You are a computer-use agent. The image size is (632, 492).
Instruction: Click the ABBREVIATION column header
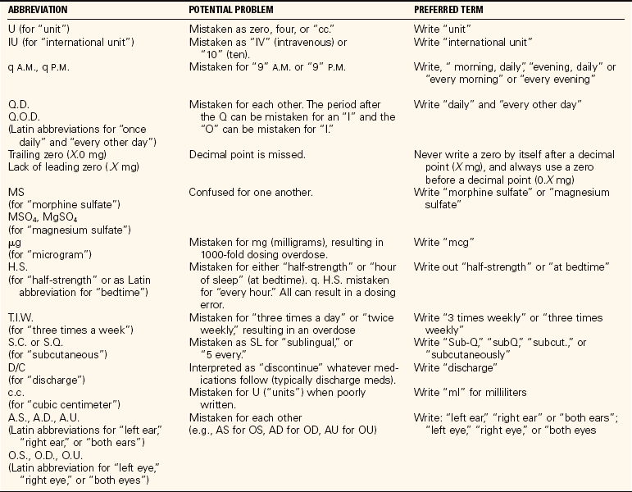click(40, 9)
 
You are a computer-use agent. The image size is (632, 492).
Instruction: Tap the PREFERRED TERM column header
click(452, 9)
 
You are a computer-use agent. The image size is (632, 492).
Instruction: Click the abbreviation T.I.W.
click(20, 317)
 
